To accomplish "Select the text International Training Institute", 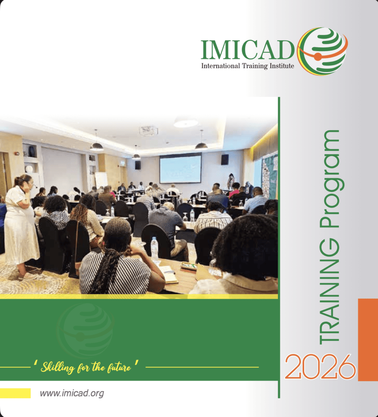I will [247, 66].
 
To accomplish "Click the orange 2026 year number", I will [320, 367].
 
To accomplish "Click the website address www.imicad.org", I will [72, 393].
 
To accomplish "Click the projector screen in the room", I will [180, 169].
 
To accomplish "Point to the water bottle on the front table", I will [154, 249].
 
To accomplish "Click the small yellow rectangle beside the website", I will [15, 393].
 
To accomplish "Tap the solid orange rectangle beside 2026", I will [368, 339].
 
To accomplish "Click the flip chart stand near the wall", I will [101, 180].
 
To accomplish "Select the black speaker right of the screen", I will [225, 160].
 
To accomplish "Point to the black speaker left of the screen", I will [138, 165].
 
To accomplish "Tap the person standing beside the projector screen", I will [231, 181].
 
